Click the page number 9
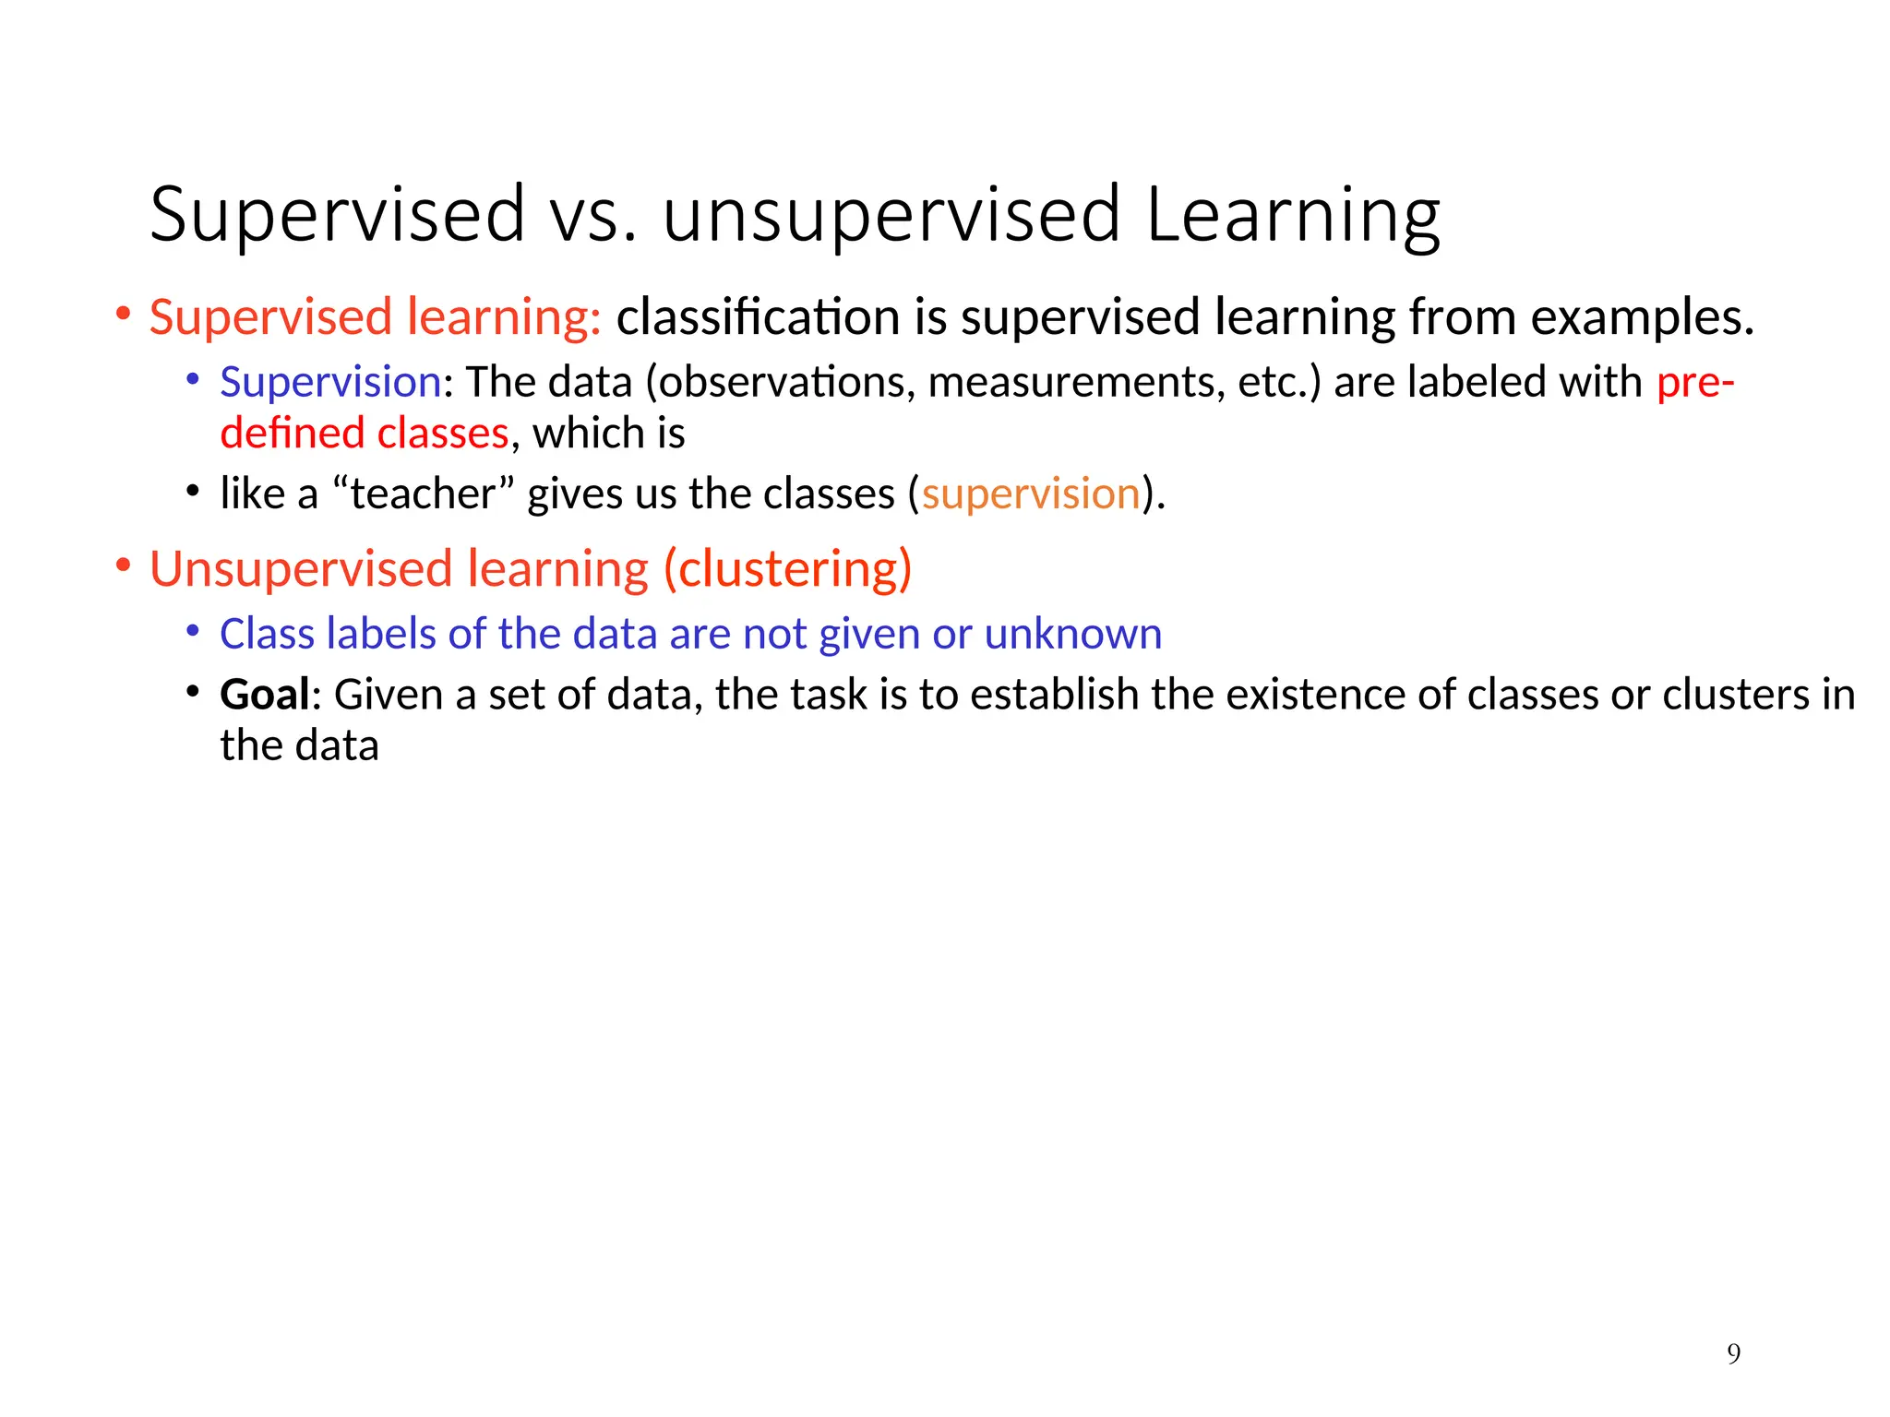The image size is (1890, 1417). (x=1733, y=1353)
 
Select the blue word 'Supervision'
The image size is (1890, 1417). (x=330, y=383)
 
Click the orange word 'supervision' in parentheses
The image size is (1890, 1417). (x=1031, y=494)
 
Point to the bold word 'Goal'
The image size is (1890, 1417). (x=264, y=695)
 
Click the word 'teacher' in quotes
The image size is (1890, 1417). (x=423, y=494)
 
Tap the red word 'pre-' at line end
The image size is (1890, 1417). (x=1695, y=383)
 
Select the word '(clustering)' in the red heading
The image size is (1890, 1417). (x=787, y=569)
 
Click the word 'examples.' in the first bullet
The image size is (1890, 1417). (x=1642, y=318)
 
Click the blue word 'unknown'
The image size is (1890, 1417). (x=1072, y=635)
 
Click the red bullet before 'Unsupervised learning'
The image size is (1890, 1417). (x=123, y=566)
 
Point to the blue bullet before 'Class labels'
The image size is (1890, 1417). (x=192, y=632)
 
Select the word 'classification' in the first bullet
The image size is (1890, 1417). (x=758, y=318)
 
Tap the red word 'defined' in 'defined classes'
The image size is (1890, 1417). (x=292, y=434)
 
